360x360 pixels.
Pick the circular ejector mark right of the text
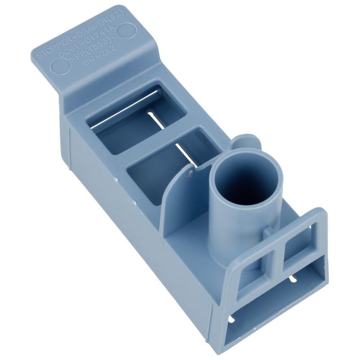[128, 31]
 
